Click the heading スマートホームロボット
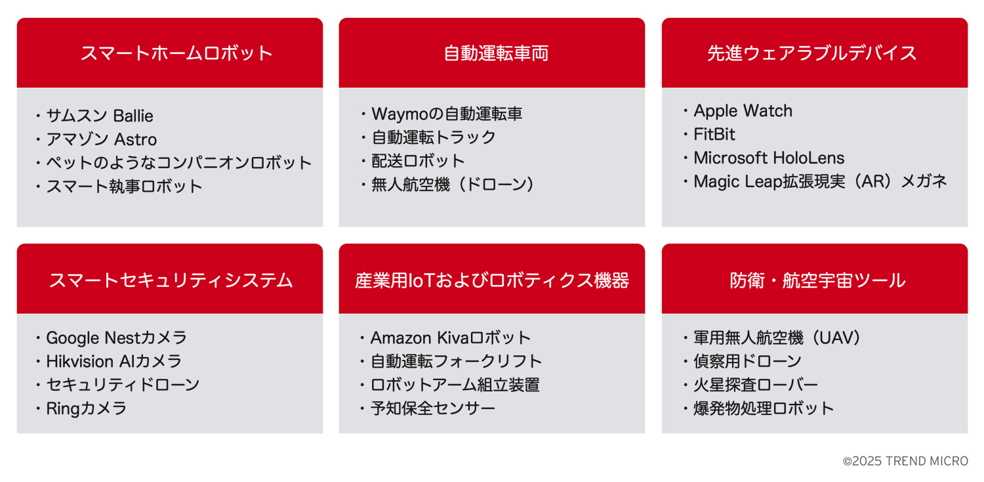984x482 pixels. point(176,53)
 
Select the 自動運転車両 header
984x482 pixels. point(496,53)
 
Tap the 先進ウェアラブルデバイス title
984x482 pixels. point(812,53)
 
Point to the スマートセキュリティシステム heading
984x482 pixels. point(171,280)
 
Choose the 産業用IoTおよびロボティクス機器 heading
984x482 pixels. point(492,280)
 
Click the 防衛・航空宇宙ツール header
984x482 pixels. point(817,280)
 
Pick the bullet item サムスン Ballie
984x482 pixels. point(100,116)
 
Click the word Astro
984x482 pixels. point(135,139)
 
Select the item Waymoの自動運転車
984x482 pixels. point(447,114)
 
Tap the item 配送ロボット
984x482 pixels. point(418,161)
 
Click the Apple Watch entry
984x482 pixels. point(743,111)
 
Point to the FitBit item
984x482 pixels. point(714,134)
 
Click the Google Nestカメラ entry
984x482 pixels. point(116,338)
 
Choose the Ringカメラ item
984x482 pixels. point(87,408)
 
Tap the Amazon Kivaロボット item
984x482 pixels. point(451,338)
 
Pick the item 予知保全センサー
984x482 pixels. point(433,408)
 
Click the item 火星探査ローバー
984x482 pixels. point(756,385)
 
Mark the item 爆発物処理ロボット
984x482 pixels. point(764,408)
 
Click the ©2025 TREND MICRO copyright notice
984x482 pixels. point(905,461)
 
